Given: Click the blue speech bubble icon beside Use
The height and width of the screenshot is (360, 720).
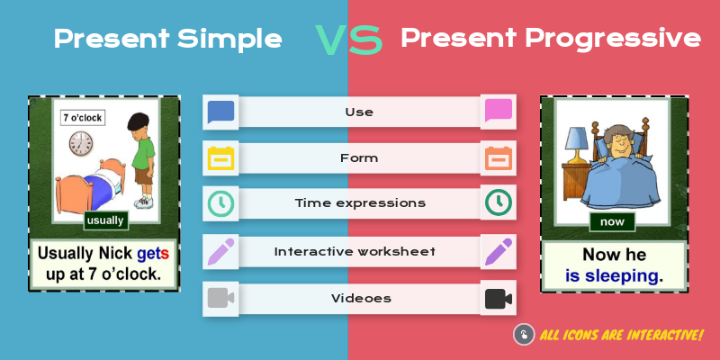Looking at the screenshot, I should pos(220,112).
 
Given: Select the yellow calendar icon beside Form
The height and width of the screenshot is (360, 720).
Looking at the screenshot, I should pos(220,158).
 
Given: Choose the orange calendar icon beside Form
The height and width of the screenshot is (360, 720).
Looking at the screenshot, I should pos(498,158).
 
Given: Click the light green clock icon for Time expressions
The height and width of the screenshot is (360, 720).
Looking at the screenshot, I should pos(220,203).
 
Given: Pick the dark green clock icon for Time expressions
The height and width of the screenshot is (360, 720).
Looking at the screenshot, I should pos(498,203).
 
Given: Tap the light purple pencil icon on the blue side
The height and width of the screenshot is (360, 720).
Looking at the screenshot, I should pos(220,251).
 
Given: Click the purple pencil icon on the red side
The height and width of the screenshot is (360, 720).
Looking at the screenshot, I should pos(498,251).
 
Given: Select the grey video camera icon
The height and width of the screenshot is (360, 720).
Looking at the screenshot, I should pos(220,298).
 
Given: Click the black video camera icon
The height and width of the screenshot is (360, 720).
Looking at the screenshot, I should pos(498,298).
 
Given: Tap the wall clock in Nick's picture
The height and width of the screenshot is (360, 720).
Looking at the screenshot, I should pos(81,143).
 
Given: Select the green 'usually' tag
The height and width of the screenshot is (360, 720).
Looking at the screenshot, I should pos(105,220).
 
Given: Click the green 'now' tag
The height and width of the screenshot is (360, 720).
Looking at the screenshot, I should pos(613,220).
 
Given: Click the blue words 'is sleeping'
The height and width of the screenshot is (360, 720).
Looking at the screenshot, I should pos(613,275).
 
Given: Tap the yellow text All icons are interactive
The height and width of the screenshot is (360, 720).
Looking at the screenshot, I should pos(621,335).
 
